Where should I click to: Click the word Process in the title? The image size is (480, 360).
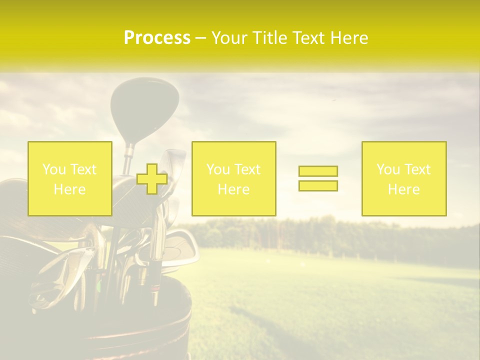click(x=157, y=38)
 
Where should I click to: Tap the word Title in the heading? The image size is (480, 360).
click(x=270, y=38)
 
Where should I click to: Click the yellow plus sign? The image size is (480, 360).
click(x=152, y=178)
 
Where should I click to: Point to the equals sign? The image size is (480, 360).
click(x=318, y=178)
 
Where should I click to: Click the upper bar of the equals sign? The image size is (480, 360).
click(x=318, y=171)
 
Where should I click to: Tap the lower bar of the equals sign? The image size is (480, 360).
click(x=318, y=185)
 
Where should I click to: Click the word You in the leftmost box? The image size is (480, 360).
click(x=53, y=169)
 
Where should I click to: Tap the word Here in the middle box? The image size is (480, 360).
click(x=234, y=189)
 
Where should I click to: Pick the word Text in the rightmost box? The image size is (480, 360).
click(x=417, y=169)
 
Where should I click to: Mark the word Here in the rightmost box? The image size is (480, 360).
click(x=404, y=189)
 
